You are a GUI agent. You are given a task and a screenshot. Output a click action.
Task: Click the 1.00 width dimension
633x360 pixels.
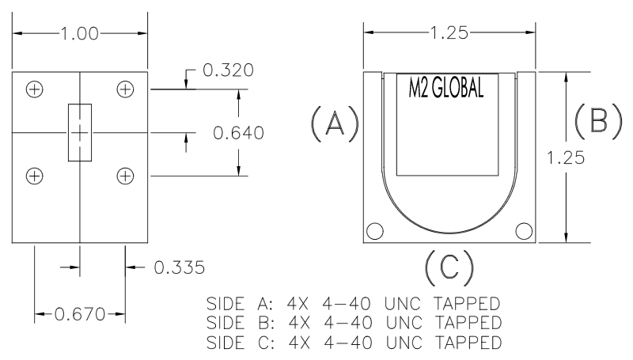80,34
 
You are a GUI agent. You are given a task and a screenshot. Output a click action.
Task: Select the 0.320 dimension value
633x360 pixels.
228,70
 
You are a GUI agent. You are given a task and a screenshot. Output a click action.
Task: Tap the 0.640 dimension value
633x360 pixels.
238,131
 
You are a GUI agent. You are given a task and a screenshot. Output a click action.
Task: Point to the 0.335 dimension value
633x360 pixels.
180,268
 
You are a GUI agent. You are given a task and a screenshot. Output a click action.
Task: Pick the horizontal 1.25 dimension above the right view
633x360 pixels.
449,33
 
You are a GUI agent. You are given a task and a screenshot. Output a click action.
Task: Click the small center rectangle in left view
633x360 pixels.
80,132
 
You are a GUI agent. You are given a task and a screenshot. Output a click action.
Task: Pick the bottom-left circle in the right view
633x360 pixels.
375,231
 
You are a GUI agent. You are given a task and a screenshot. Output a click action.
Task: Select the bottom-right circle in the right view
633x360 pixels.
523,231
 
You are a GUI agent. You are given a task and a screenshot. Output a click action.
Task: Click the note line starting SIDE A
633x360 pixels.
353,303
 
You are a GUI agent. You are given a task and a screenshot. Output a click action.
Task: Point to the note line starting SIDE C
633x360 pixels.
353,343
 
